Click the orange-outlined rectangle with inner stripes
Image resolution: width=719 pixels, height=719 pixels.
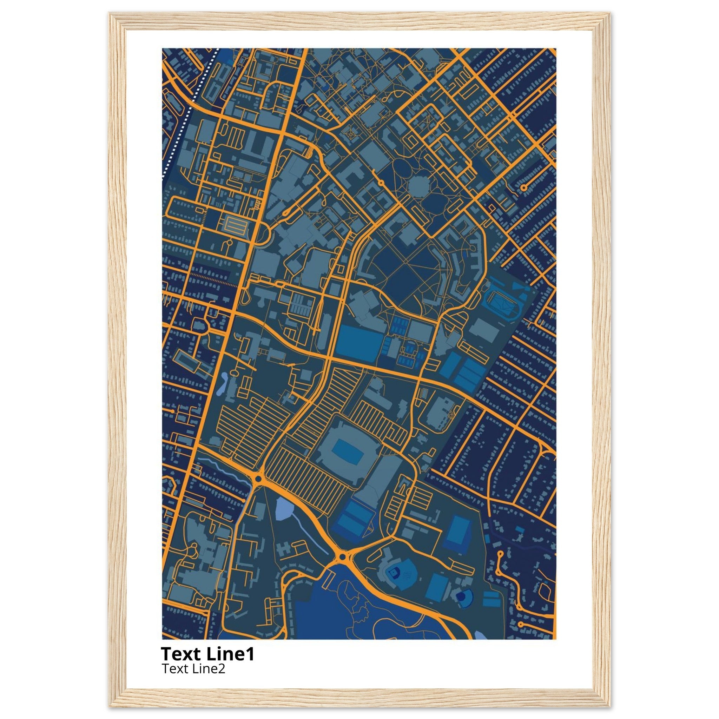click(235, 225)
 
